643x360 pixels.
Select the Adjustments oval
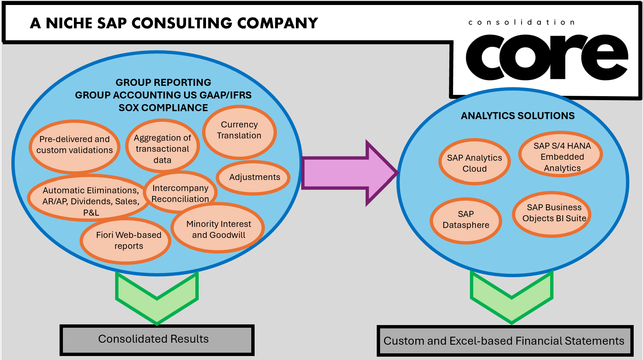[x=254, y=177]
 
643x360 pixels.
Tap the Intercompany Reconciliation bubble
[x=180, y=193]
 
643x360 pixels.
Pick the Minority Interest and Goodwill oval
[x=218, y=229]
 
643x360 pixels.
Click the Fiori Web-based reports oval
[x=128, y=241]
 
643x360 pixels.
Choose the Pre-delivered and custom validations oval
[x=74, y=145]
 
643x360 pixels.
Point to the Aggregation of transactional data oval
[x=162, y=149]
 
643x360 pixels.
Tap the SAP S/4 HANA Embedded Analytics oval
[x=562, y=157]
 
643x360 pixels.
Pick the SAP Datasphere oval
[x=466, y=220]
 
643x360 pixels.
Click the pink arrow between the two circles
[x=346, y=173]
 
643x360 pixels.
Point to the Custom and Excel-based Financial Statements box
[x=505, y=341]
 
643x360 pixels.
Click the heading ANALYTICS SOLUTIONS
[x=518, y=116]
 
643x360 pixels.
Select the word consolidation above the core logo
[x=521, y=23]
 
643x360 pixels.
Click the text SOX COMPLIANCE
[x=163, y=108]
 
